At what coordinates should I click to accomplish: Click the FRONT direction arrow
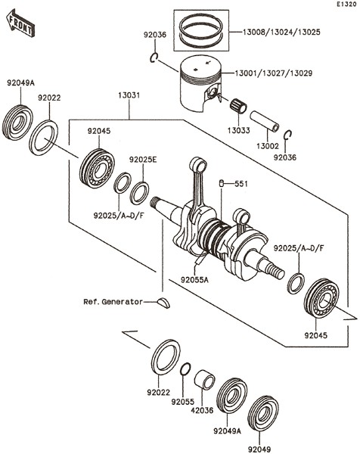coord(20,23)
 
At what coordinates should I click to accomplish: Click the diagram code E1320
coord(346,5)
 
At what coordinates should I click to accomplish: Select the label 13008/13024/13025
coord(281,32)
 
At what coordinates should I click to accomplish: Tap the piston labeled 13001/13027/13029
coord(200,82)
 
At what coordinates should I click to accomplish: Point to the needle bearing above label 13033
coord(238,106)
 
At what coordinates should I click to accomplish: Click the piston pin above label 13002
coord(265,121)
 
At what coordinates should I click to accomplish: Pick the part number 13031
coord(129,95)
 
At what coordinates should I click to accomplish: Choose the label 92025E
coord(143,160)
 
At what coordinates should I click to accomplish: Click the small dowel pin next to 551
coord(222,183)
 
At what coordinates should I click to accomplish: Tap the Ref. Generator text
coord(113,302)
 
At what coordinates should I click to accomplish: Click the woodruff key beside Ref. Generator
coord(164,303)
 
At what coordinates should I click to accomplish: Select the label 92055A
coord(194,280)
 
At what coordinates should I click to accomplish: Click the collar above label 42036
coord(204,379)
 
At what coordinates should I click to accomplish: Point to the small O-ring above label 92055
coord(185,369)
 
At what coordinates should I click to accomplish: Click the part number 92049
coord(259,449)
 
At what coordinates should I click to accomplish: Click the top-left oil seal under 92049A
coord(17,123)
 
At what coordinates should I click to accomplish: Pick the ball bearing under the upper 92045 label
coord(97,168)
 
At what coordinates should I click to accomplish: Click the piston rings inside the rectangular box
coord(201,30)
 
